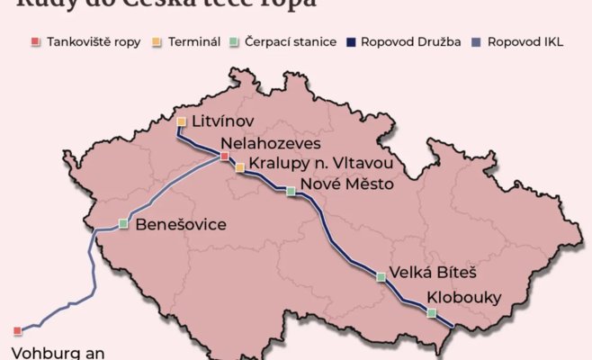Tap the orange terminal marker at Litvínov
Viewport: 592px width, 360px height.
(x=182, y=121)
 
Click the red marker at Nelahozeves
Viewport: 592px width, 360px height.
(x=224, y=157)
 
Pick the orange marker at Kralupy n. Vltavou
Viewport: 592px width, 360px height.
(x=239, y=167)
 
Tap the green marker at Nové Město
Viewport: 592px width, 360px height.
(x=291, y=191)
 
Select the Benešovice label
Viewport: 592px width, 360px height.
(x=180, y=225)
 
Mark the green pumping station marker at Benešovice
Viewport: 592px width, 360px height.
(x=123, y=223)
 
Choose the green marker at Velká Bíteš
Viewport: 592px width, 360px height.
(x=381, y=277)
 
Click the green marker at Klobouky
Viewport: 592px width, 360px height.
(x=432, y=313)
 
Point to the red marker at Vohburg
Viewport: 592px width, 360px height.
(x=17, y=331)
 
